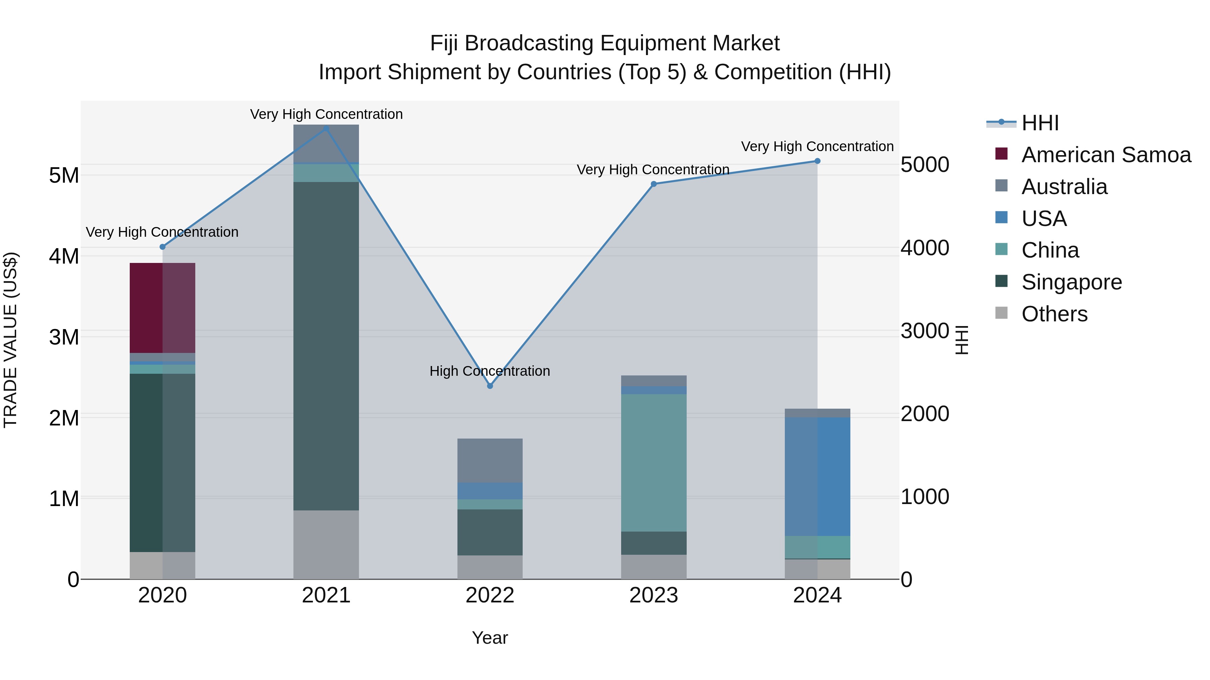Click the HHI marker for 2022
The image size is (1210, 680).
(490, 386)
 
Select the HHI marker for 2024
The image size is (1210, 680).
(817, 161)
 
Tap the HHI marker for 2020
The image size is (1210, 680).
(163, 247)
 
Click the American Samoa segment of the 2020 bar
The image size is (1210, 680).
(163, 308)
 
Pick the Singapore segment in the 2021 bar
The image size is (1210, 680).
(326, 346)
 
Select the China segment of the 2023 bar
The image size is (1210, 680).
(653, 462)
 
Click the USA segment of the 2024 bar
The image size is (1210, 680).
(817, 476)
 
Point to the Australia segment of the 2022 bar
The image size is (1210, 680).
(490, 460)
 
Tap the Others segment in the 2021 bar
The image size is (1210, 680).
(326, 544)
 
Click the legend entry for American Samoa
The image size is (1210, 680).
(1106, 155)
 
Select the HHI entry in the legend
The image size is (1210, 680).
(1040, 123)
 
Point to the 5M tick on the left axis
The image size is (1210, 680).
(64, 176)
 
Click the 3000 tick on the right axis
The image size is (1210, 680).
(924, 331)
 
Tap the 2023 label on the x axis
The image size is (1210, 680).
(653, 595)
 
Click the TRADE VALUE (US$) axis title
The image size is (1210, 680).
(10, 340)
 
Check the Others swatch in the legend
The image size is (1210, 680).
(1002, 313)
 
